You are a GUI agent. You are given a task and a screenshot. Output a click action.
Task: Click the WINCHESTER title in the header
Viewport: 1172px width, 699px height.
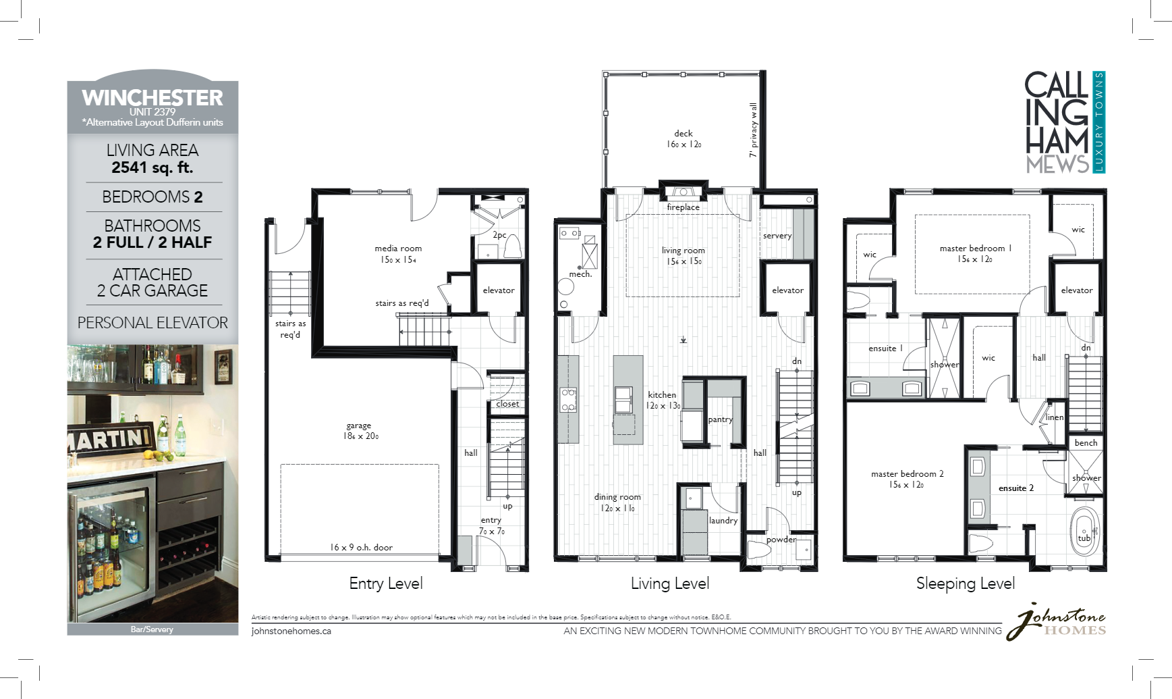pyautogui.click(x=152, y=98)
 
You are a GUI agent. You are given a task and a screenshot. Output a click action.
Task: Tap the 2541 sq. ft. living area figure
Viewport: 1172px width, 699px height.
pyautogui.click(x=152, y=167)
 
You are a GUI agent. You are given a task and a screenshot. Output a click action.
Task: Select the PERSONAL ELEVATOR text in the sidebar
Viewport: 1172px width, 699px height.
pyautogui.click(x=152, y=323)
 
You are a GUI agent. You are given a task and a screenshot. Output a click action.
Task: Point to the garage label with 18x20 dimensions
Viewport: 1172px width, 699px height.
pyautogui.click(x=359, y=430)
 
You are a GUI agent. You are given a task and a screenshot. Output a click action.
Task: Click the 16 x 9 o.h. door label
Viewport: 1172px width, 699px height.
pyautogui.click(x=361, y=547)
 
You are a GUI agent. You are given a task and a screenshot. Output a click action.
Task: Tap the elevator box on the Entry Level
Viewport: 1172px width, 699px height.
pyautogui.click(x=499, y=290)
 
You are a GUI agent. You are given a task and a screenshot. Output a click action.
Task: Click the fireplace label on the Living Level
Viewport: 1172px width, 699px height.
pyautogui.click(x=683, y=207)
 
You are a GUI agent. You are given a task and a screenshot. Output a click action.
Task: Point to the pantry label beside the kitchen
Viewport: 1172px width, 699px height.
pyautogui.click(x=720, y=419)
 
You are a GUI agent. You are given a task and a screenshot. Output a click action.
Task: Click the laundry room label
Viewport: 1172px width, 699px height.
pyautogui.click(x=723, y=521)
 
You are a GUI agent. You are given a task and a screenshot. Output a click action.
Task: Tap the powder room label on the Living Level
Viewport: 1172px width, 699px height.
pyautogui.click(x=781, y=540)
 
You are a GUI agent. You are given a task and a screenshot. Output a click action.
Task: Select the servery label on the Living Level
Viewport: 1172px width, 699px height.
pyautogui.click(x=777, y=236)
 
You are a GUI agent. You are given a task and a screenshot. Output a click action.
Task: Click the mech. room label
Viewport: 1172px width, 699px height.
pyautogui.click(x=580, y=274)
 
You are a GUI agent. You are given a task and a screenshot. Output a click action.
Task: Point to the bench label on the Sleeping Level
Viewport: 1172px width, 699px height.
pyautogui.click(x=1086, y=443)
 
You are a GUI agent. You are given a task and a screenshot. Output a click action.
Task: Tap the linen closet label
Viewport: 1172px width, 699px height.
pyautogui.click(x=1055, y=417)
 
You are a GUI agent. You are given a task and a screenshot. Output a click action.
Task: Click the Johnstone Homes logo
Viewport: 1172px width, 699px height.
pyautogui.click(x=1057, y=621)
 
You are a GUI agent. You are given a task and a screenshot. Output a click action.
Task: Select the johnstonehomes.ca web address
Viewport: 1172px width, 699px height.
pyautogui.click(x=291, y=631)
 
